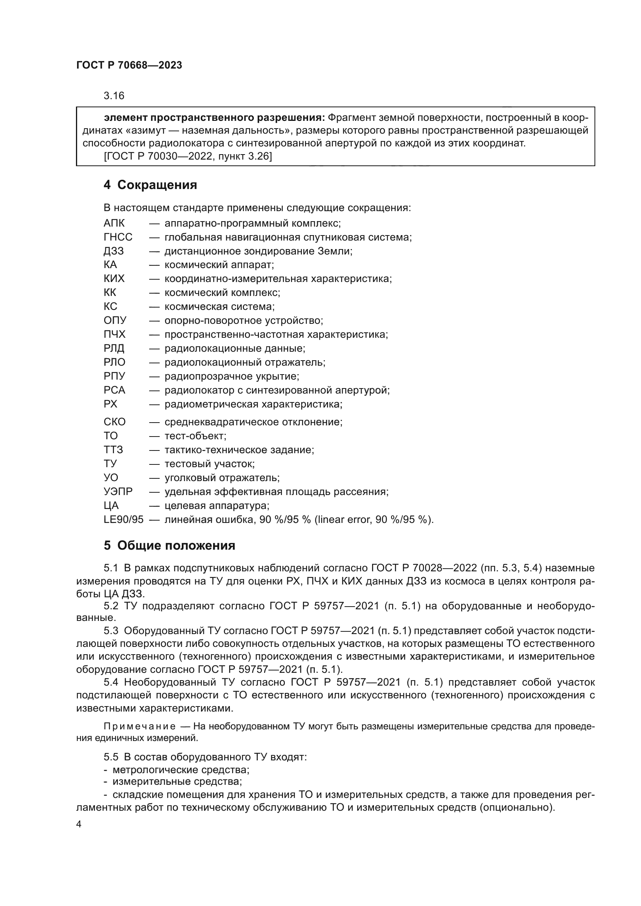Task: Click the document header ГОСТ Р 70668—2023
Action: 129,65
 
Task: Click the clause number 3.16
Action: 114,96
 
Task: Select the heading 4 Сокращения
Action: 150,185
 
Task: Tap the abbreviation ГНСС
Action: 118,237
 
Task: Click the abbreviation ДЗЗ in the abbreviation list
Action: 114,251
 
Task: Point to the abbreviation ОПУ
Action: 115,320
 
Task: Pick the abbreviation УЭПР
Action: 118,492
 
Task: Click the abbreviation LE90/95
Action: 124,519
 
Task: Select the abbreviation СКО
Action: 114,422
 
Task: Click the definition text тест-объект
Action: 195,436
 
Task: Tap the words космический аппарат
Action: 219,265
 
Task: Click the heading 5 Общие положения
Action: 169,546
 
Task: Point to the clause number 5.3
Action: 111,631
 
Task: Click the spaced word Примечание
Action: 140,726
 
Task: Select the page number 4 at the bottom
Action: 79,824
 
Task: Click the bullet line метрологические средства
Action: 181,770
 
